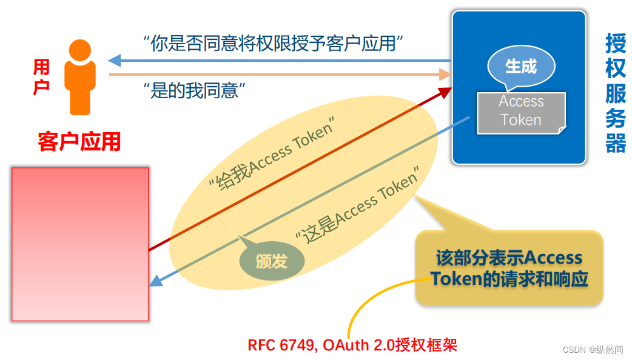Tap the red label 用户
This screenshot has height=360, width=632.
41,77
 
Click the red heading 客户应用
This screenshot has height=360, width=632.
79,142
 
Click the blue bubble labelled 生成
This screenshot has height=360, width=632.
521,66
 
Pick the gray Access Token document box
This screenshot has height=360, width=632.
521,112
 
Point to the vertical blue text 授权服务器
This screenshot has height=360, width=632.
615,93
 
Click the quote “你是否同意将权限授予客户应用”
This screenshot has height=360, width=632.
274,44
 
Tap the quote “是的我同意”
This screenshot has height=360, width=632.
194,91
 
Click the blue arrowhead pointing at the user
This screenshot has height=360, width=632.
115,61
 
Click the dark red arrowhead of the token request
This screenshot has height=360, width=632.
445,92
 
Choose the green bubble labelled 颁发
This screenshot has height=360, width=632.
271,261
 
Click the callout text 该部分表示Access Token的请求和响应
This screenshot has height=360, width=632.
509,268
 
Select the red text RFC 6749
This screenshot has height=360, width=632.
282,345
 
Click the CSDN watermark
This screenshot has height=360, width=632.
593,350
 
